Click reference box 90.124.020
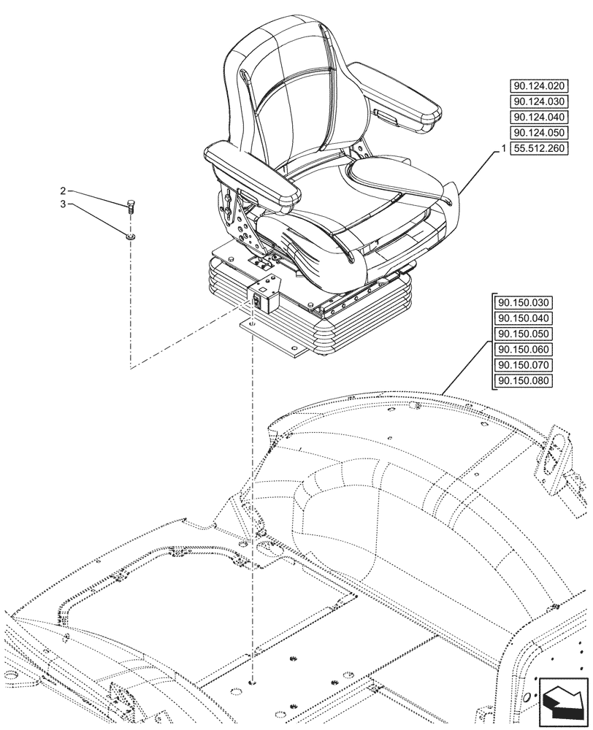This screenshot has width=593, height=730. click(540, 85)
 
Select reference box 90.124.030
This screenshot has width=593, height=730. click(540, 101)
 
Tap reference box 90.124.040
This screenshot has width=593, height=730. click(540, 117)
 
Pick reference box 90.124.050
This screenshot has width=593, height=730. click(540, 133)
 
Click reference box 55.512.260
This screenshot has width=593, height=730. click(540, 148)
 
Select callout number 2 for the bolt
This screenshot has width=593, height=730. click(64, 191)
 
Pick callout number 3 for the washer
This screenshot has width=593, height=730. click(64, 205)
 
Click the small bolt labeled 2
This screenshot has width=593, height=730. click(131, 206)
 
